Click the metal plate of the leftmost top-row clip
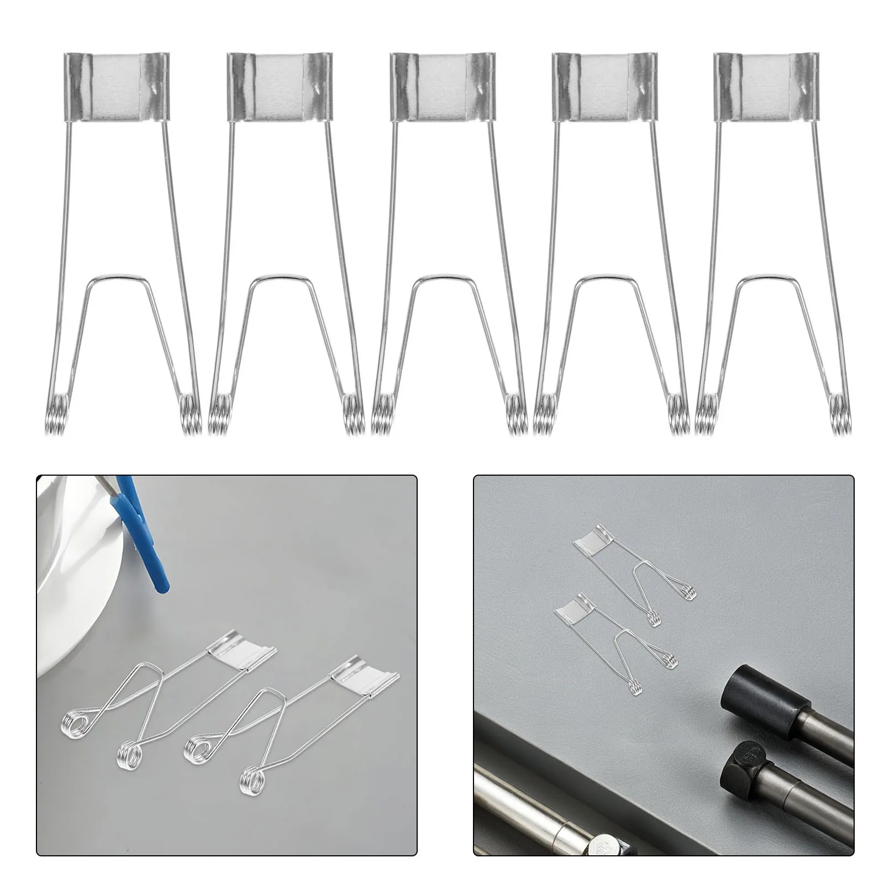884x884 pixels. pyautogui.click(x=117, y=87)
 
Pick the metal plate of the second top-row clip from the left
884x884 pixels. pyautogui.click(x=280, y=87)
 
